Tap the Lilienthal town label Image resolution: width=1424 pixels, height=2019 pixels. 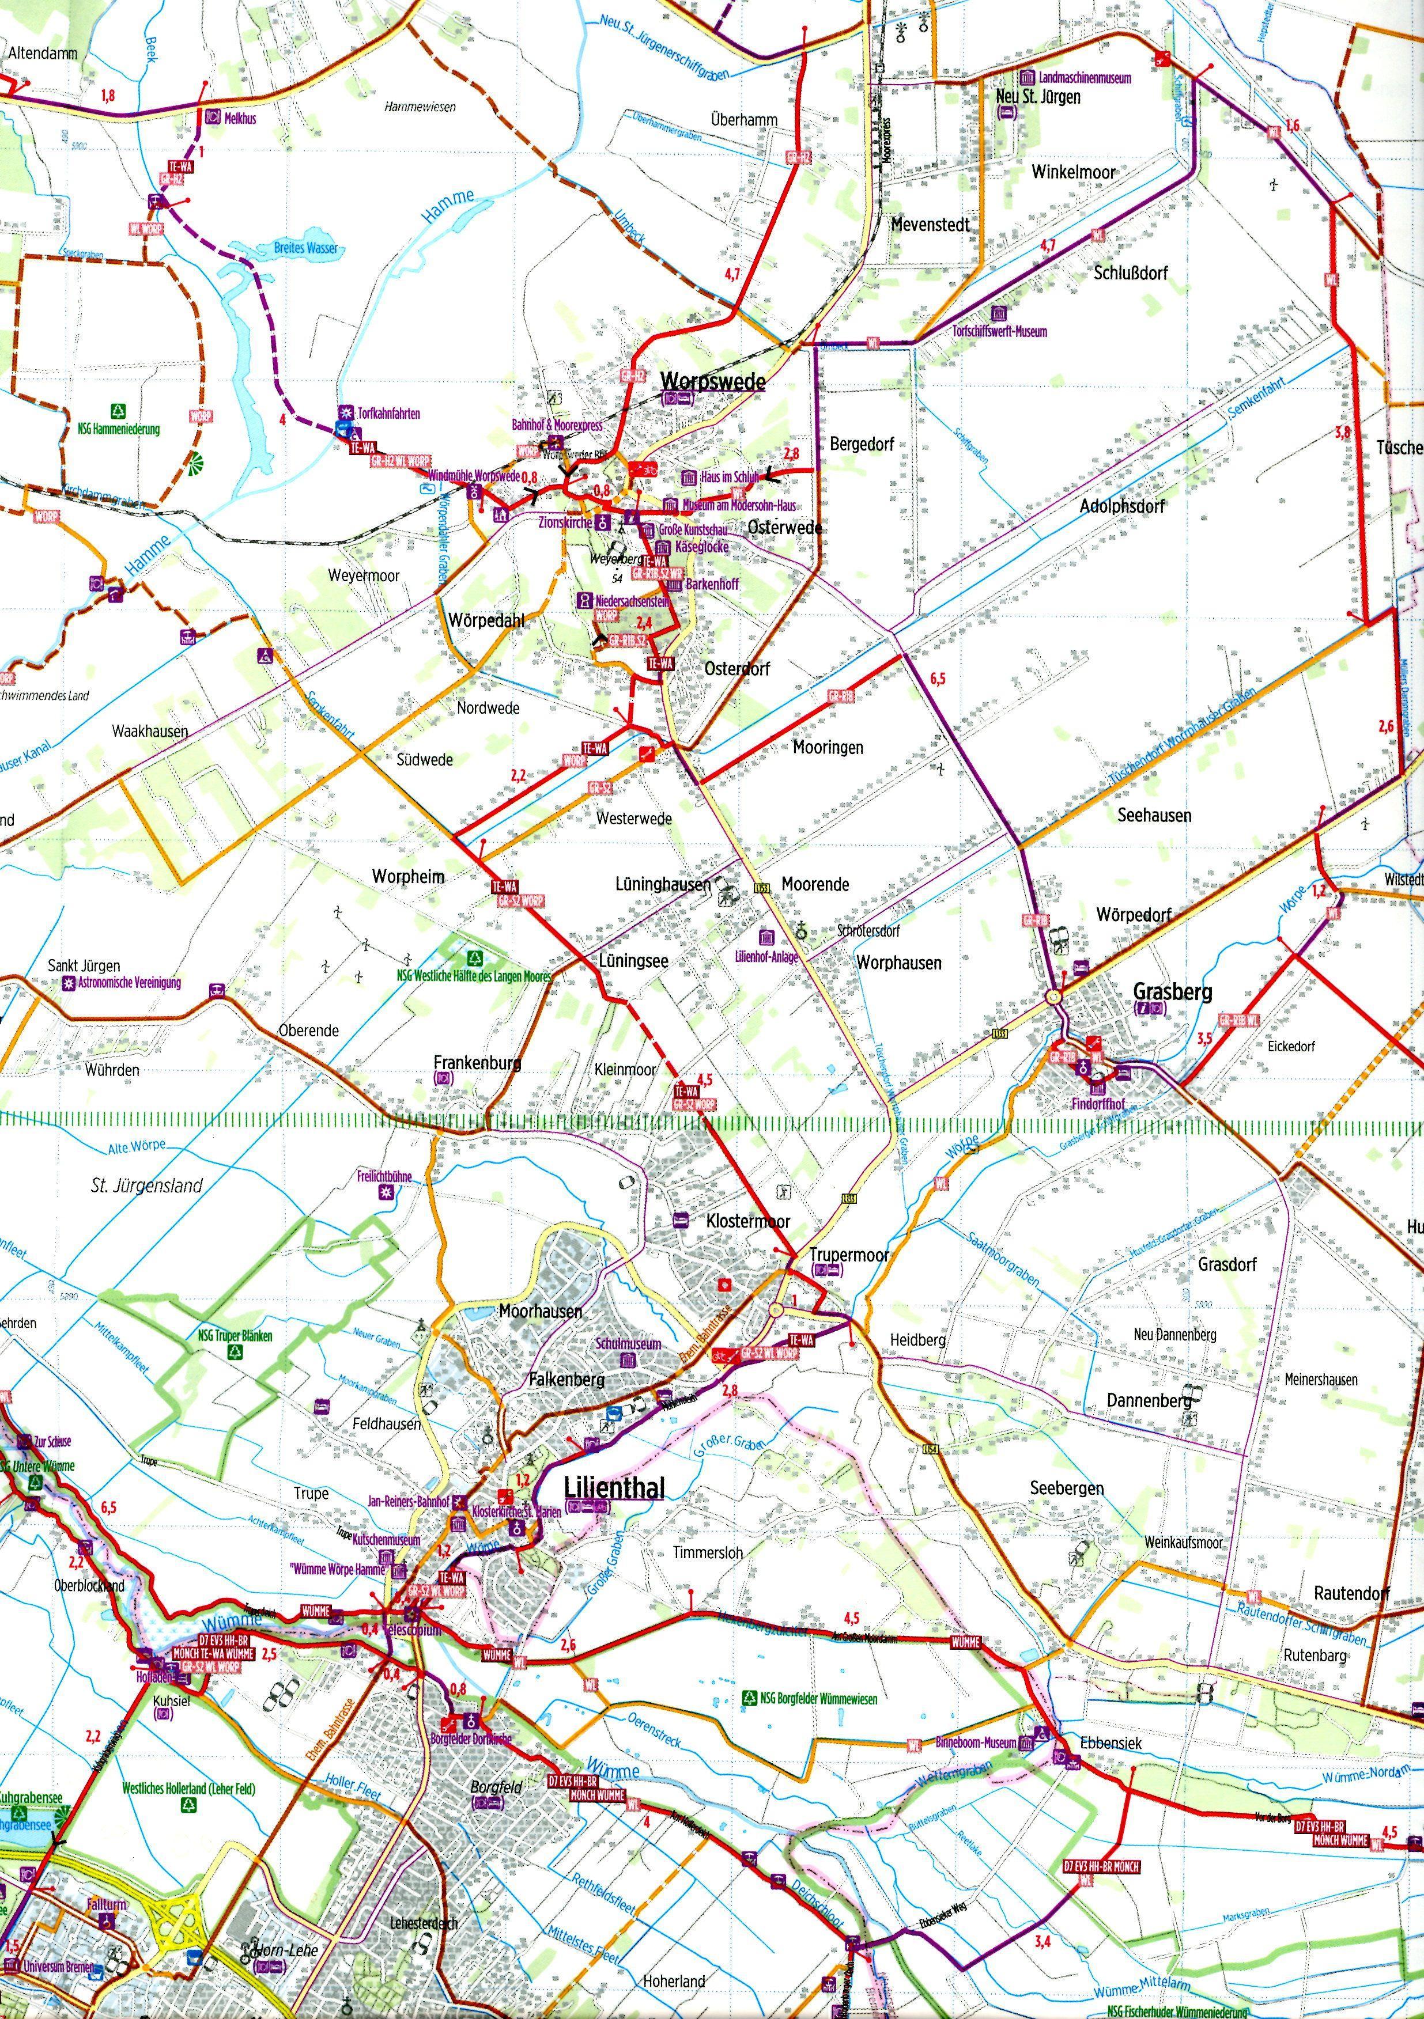613,1487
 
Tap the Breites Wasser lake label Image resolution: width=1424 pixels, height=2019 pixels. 305,249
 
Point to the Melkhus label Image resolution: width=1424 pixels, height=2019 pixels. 240,118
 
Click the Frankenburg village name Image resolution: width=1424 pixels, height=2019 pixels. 478,1062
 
